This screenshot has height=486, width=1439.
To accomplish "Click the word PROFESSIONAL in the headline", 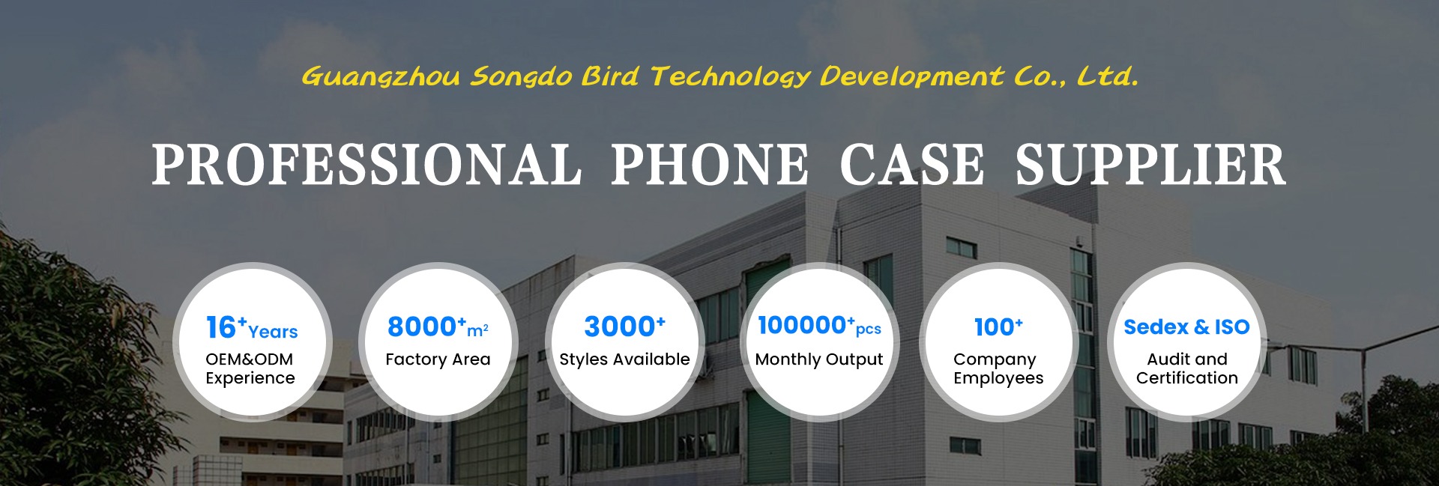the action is pos(366,165).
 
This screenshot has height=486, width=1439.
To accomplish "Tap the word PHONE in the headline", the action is pos(710,165).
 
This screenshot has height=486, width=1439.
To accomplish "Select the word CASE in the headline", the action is pos(912,165).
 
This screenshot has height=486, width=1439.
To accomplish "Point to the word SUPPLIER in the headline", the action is pos(1150,165).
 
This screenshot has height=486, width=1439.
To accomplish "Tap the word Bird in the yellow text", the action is pos(610,76).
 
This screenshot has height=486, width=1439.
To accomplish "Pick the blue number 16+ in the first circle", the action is pos(226,327).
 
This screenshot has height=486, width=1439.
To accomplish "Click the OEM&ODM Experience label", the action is pos(250,368).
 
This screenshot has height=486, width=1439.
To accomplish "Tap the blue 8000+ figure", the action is pos(426,326).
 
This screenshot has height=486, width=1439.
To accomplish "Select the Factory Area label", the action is pos(438,359).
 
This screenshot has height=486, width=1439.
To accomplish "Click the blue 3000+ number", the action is pos(624,326).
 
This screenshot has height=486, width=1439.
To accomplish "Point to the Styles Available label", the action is pos(624,360).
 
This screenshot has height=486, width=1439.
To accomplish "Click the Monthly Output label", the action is pos(819,360).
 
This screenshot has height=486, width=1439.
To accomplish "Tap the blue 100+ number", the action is pos(998,326).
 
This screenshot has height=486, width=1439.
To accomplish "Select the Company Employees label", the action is pos(998,368).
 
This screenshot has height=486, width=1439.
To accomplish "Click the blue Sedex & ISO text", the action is pos(1186,327).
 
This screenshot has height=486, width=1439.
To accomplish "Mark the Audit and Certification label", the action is pos(1187,368).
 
